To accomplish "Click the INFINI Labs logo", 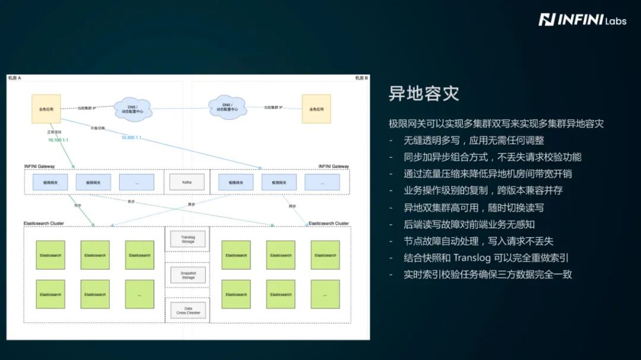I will pos(573,20).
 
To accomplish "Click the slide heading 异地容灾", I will pos(424,94).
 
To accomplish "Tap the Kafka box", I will pos(187,182).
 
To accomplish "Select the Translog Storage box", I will pos(188,239).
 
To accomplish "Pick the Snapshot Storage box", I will pos(188,275).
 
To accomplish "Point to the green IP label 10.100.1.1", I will pos(59,140).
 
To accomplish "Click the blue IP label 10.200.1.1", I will pos(132,137).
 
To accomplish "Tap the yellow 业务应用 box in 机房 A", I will pos(46,109).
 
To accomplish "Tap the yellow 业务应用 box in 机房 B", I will pos(316,109).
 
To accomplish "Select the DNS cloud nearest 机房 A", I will pos(132,108).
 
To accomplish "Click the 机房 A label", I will pos(14,78).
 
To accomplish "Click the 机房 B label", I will pos(361,78).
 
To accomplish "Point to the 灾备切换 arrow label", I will pos(98,128).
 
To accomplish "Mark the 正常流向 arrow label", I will pos(54,132).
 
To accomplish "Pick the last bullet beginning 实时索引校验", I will pos(487,275).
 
